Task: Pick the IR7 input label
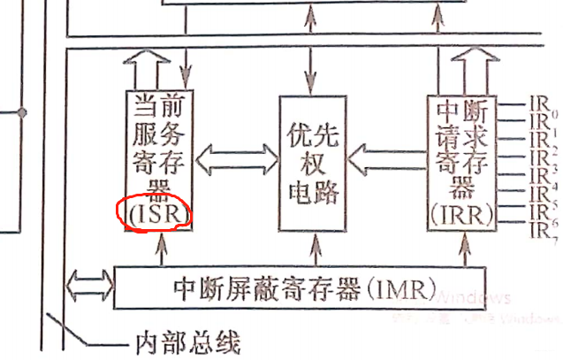click(x=538, y=229)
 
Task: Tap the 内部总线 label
click(x=185, y=341)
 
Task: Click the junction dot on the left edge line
click(x=24, y=112)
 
